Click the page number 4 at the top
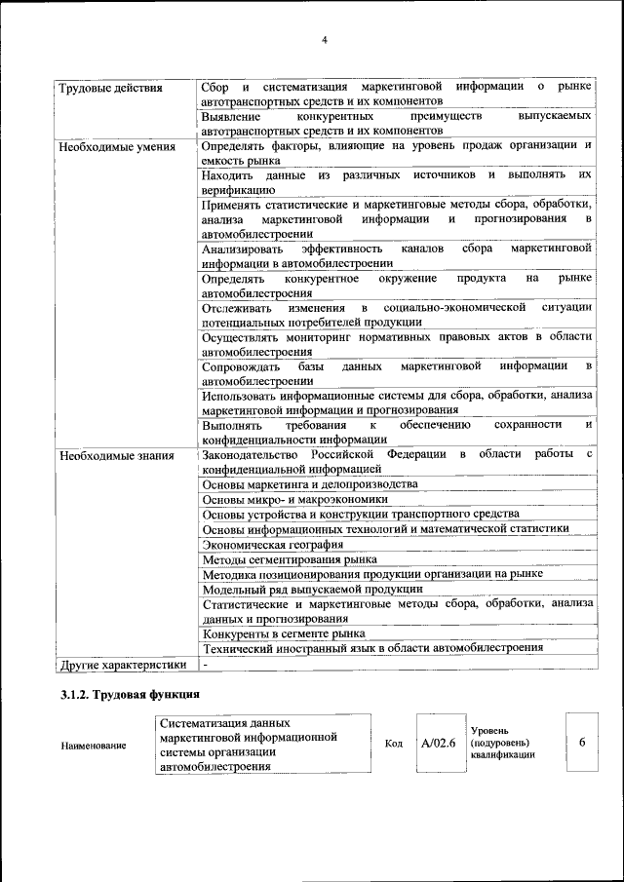(x=324, y=39)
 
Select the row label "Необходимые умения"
(x=103, y=148)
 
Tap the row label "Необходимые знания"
(x=102, y=455)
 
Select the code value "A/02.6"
(x=439, y=743)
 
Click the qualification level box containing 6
(x=582, y=743)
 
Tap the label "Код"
(x=394, y=744)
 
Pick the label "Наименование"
(x=94, y=746)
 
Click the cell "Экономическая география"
(x=272, y=544)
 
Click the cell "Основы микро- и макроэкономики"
(x=294, y=499)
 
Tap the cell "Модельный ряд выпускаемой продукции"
(x=312, y=589)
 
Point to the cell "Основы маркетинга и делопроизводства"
(x=310, y=484)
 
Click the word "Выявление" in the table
(x=230, y=116)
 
